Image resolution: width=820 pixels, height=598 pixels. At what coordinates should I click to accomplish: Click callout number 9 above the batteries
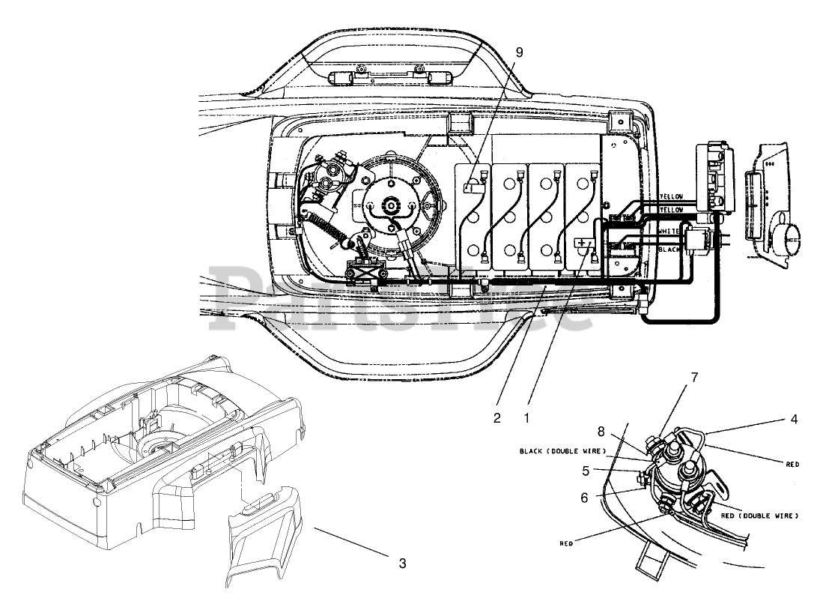[520, 52]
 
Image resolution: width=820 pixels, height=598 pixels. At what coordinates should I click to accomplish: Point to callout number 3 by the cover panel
[402, 564]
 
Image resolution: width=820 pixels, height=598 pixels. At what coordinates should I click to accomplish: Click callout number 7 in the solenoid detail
[694, 377]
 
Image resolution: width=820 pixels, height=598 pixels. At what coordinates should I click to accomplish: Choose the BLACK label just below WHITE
[669, 249]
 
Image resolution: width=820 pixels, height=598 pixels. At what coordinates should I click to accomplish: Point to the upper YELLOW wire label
[670, 197]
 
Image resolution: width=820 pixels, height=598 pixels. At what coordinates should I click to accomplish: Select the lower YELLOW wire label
[670, 209]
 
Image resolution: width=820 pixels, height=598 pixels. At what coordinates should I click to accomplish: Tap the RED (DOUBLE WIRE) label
[759, 516]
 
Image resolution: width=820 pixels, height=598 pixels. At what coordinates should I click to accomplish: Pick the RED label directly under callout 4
[792, 465]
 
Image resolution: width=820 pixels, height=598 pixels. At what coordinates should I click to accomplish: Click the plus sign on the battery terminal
[583, 244]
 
